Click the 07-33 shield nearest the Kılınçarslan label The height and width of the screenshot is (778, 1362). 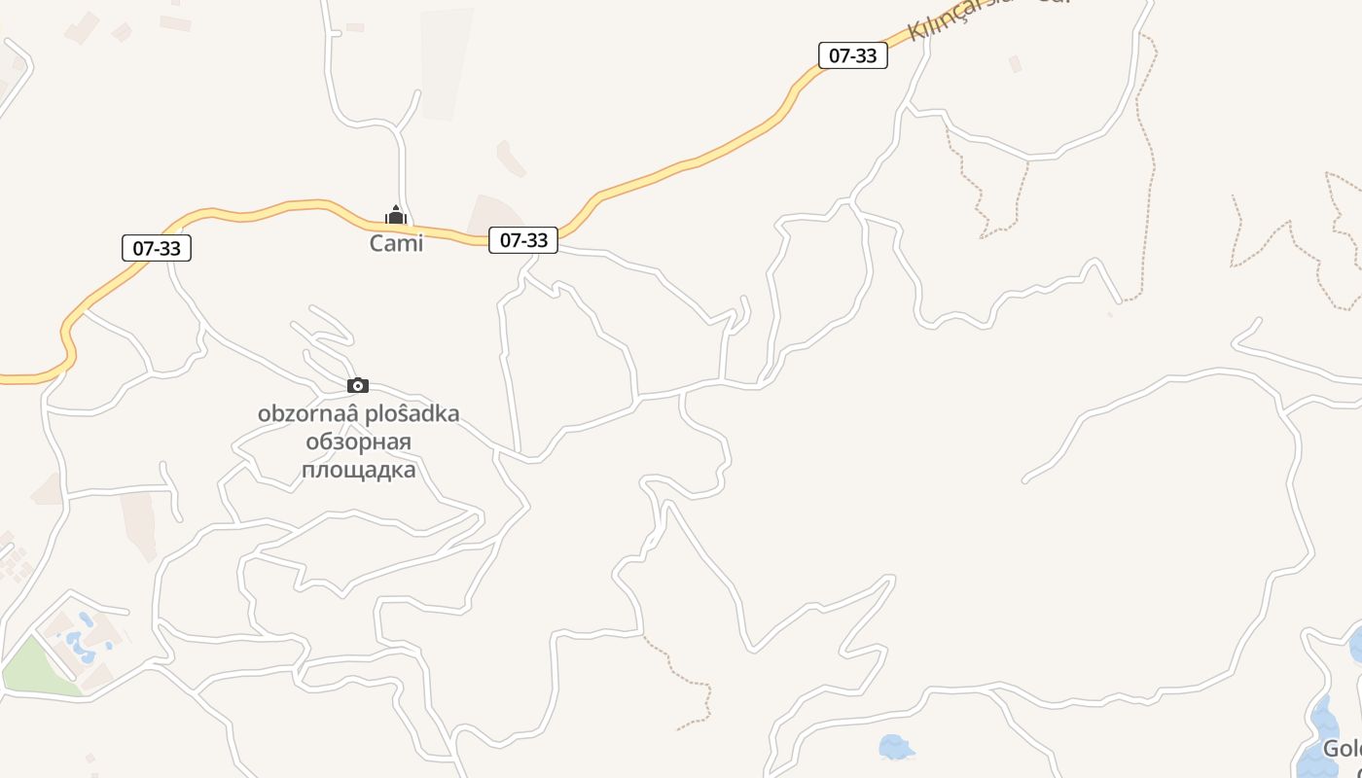click(852, 55)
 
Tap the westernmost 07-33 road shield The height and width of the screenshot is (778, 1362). click(157, 248)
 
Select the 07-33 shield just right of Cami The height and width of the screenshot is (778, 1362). click(523, 239)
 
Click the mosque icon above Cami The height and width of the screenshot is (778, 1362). click(396, 214)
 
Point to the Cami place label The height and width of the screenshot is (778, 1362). click(396, 243)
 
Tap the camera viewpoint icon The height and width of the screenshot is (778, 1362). click(358, 386)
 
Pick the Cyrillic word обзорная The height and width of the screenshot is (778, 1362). click(358, 442)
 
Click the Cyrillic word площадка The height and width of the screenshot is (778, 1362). click(358, 471)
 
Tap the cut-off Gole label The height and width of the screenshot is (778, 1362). click(1342, 750)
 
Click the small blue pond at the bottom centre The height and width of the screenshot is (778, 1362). click(895, 747)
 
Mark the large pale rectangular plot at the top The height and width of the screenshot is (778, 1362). click(446, 64)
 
